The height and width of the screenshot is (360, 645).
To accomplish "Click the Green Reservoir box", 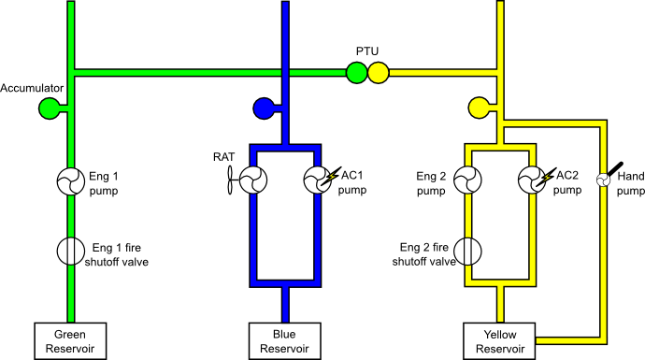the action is point(70,341).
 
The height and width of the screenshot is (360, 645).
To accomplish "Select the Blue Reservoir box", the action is point(285,341).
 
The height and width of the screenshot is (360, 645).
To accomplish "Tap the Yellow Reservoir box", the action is point(499,341).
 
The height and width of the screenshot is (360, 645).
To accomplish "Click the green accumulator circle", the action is point(50,108).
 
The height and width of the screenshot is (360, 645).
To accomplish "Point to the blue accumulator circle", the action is point(264,108).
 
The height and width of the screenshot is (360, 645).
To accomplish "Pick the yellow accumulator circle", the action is point(479,108).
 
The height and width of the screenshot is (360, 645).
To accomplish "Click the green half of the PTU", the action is point(356,73).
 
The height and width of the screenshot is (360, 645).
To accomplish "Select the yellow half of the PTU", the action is point(378,73).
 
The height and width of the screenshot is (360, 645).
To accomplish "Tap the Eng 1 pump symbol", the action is point(71,181).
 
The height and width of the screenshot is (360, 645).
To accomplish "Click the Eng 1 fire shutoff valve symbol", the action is point(71,251).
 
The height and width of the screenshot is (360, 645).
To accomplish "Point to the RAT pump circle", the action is point(253,180).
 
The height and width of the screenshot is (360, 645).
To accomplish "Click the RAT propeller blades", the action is point(230,180).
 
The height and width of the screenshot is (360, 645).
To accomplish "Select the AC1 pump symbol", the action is point(318,180).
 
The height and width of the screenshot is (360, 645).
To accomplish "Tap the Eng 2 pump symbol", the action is point(467,180).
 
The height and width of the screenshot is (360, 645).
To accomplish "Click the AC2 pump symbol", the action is point(532,180).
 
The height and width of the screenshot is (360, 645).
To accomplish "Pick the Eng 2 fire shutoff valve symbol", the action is point(467,251).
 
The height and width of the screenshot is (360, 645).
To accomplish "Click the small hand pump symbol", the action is point(603,180).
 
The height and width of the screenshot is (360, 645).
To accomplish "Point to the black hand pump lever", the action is point(613,169).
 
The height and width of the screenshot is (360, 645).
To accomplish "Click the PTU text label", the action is point(367,51).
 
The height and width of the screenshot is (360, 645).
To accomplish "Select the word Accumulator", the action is point(32,88).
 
